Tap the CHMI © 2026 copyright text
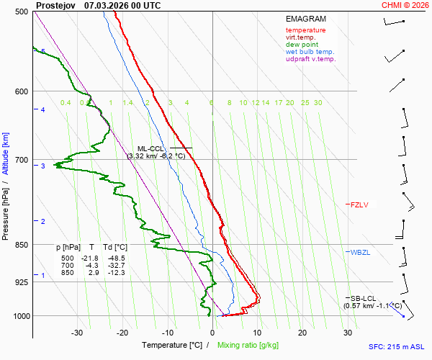pyautogui.click(x=406, y=5)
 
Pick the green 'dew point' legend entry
pyautogui.click(x=302, y=45)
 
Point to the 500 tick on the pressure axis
pyautogui.click(x=21, y=12)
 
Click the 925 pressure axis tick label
pyautogui.click(x=21, y=282)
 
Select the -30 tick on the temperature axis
pyautogui.click(x=77, y=333)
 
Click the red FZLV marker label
pyautogui.click(x=359, y=205)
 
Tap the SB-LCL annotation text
pyautogui.click(x=364, y=298)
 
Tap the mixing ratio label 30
pyautogui.click(x=318, y=103)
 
